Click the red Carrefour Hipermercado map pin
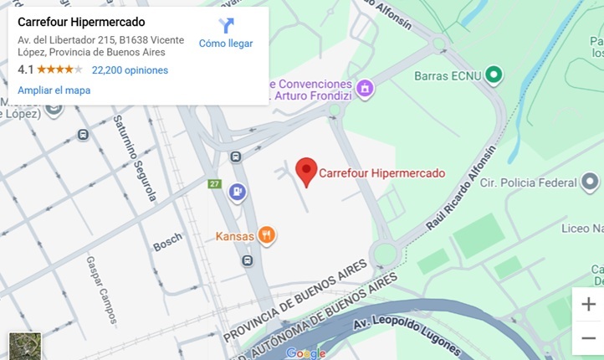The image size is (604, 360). (307, 171)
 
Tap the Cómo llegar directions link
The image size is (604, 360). (226, 34)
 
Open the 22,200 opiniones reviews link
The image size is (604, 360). (130, 70)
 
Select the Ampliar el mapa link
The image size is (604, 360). (54, 90)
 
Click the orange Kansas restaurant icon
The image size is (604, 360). (267, 235)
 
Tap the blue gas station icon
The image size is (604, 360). (238, 193)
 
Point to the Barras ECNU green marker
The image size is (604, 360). (494, 75)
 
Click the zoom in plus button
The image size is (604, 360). (588, 304)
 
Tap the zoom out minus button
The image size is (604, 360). (588, 337)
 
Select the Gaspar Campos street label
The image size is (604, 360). (100, 289)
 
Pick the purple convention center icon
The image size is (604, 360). (363, 87)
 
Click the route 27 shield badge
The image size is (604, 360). (215, 184)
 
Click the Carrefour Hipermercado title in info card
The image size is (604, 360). (81, 22)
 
